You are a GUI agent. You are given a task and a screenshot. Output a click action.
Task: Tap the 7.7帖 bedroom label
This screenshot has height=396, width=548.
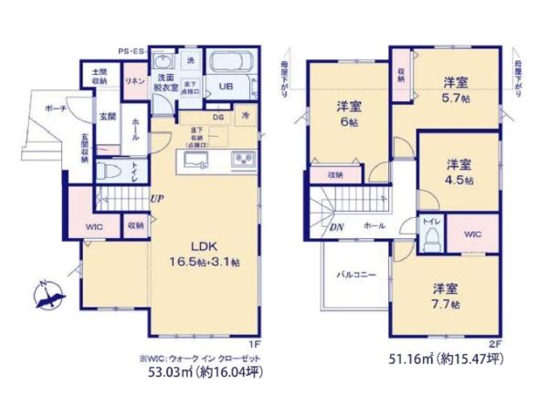[x=447, y=296]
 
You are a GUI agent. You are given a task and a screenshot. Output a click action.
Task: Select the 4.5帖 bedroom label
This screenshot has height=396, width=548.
[x=459, y=171]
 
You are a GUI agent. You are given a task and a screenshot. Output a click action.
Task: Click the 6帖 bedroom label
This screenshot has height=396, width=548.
[x=342, y=113]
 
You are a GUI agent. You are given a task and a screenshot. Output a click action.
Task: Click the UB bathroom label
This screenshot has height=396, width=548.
[x=224, y=89]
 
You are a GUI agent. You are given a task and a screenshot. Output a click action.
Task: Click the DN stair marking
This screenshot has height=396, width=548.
[x=336, y=229]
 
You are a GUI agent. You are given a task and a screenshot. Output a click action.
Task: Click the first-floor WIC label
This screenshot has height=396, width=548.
[x=95, y=224]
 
